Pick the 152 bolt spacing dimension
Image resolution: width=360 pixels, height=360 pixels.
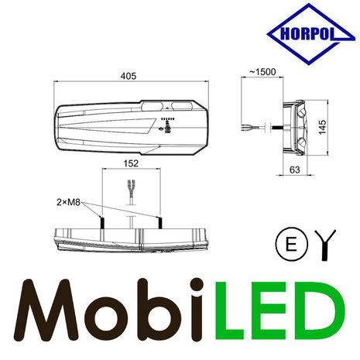[129, 163]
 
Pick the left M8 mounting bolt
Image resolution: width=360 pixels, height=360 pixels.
[100, 223]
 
